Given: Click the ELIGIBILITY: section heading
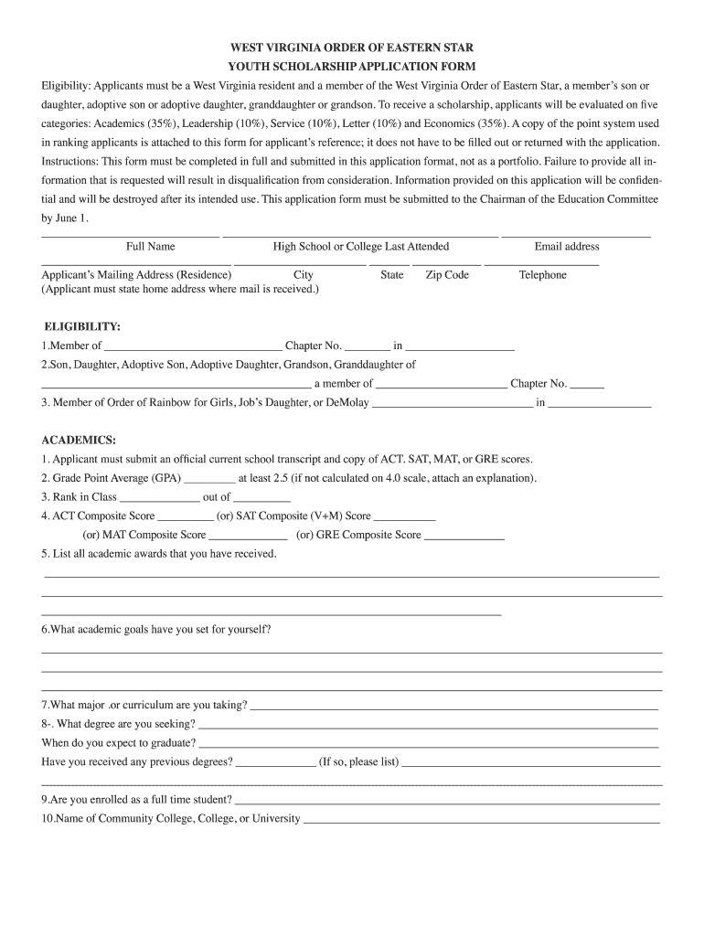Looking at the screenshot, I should [x=82, y=326].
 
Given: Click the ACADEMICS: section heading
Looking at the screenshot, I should [x=79, y=440].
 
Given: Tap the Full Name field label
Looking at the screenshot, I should [x=151, y=247].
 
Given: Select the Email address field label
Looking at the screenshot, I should [x=567, y=247].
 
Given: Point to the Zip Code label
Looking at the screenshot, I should [x=447, y=275].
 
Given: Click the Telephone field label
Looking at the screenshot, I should [x=542, y=275].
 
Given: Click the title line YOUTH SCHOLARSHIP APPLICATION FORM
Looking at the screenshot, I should [x=352, y=67].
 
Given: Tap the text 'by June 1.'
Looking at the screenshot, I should [x=65, y=218].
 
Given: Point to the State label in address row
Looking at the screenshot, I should [x=391, y=275].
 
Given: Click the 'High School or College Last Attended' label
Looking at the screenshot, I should [x=361, y=247].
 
